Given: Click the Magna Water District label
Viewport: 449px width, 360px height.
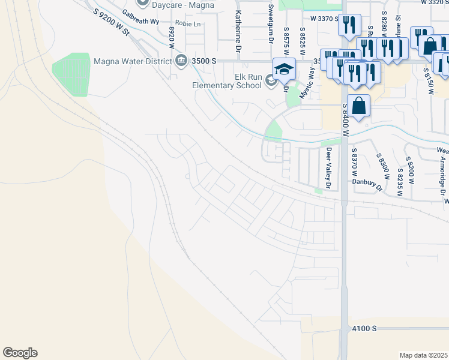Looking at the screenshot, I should [133, 61].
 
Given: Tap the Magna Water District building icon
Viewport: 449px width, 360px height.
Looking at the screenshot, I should [181, 61].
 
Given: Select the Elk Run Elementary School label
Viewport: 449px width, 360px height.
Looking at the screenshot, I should [227, 80].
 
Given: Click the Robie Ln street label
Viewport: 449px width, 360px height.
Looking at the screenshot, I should [187, 25].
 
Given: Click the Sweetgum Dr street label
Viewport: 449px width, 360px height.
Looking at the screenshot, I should [271, 24].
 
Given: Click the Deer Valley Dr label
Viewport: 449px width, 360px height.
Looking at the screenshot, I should [328, 169].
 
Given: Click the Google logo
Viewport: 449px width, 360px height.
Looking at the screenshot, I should [20, 353].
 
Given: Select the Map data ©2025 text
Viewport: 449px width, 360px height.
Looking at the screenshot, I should [423, 355].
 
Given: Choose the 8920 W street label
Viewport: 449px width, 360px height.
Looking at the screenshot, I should [172, 37].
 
